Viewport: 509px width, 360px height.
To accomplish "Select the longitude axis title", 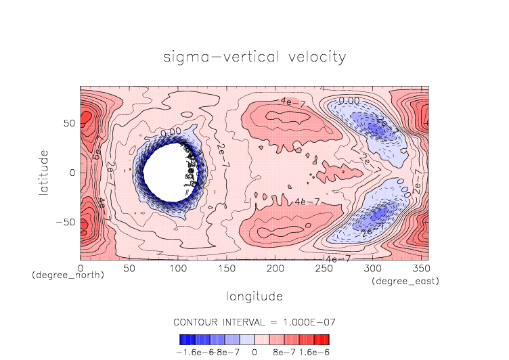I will pyautogui.click(x=255, y=296).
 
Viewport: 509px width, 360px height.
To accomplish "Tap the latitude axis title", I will pyautogui.click(x=44, y=173).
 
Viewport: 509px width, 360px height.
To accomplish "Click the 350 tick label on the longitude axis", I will pyautogui.click(x=420, y=269).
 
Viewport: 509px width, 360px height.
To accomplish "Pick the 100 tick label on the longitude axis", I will pyautogui.click(x=177, y=269).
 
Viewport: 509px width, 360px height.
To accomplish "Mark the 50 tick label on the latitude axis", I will pyautogui.click(x=68, y=125).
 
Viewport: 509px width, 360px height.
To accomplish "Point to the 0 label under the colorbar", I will pyautogui.click(x=255, y=352).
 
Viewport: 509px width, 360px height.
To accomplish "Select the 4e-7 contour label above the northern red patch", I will pyautogui.click(x=292, y=102).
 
